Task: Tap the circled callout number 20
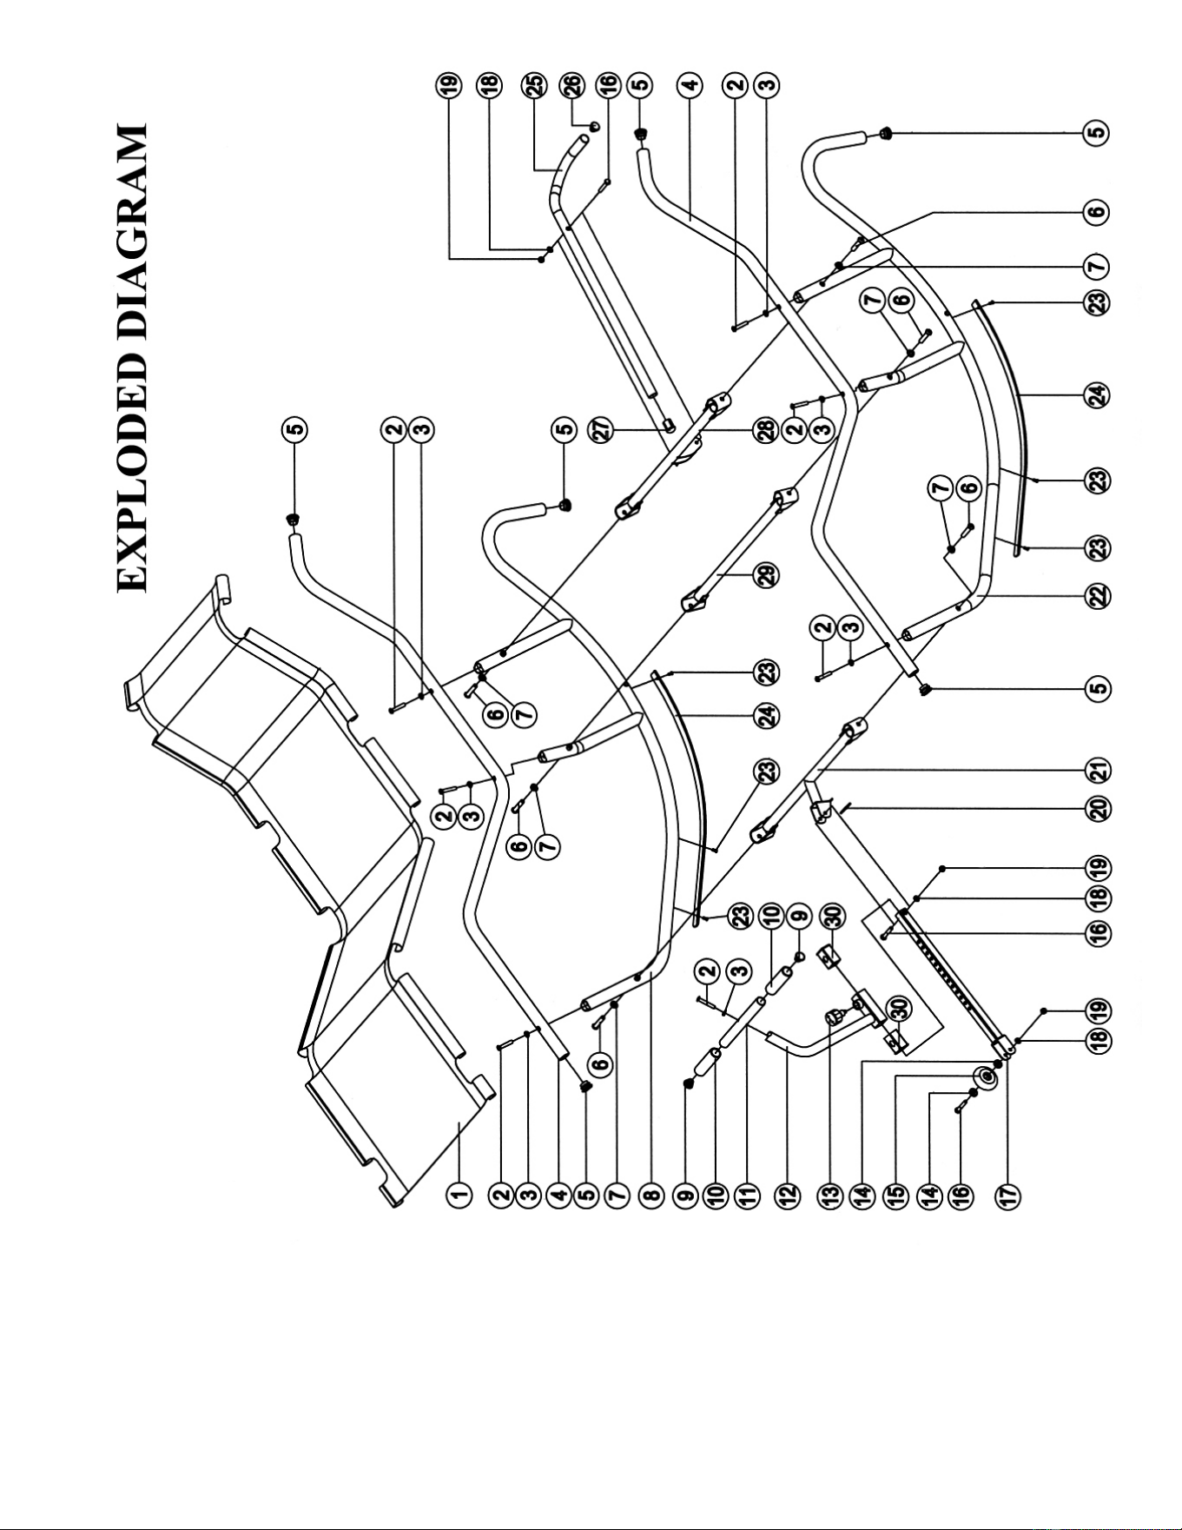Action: tap(1099, 810)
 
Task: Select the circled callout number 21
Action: tap(1099, 771)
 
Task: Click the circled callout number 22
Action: tap(1099, 597)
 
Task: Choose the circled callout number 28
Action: tap(767, 428)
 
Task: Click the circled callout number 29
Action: tap(767, 575)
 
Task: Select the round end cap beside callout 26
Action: tap(595, 124)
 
